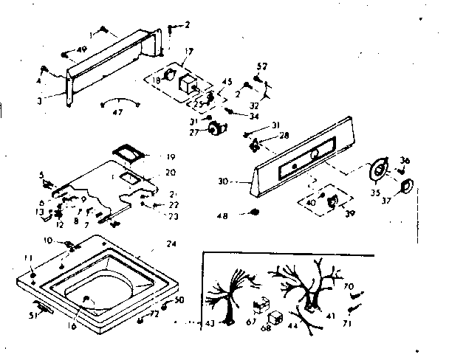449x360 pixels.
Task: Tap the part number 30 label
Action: pos(225,179)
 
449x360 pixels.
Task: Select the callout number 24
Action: pos(171,243)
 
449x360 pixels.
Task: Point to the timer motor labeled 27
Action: pos(217,131)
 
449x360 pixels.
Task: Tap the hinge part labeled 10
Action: pos(71,243)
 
